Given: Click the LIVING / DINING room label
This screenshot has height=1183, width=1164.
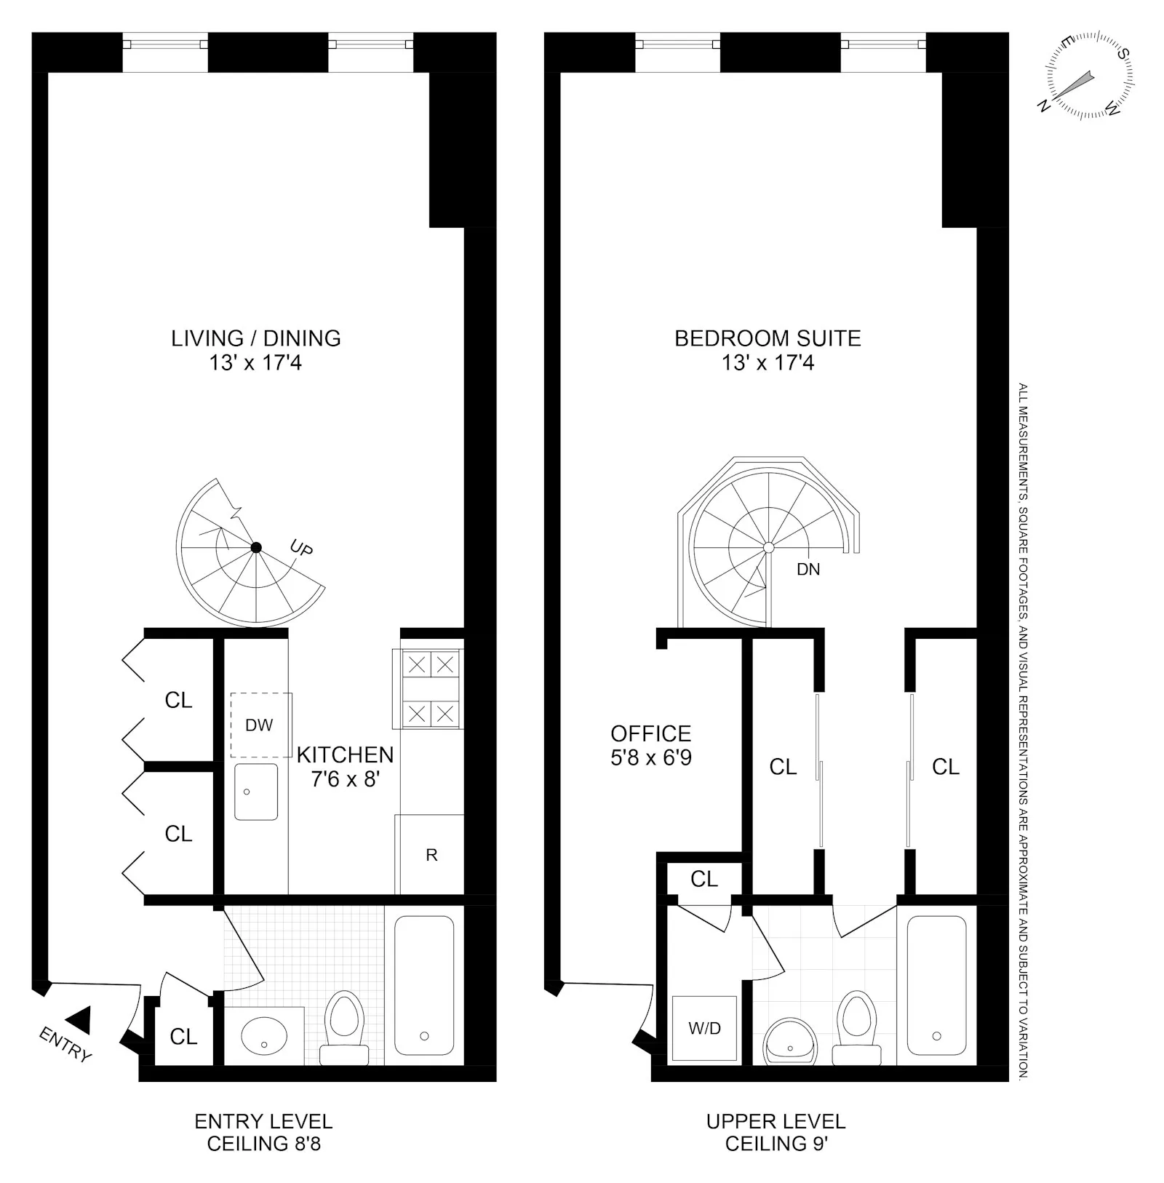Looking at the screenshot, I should click(x=255, y=338).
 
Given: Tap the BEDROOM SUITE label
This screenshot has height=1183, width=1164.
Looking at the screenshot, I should click(x=768, y=338).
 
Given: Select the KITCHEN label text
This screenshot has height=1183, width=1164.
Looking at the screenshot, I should click(x=345, y=754).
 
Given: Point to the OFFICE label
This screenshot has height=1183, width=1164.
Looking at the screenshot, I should click(x=650, y=733).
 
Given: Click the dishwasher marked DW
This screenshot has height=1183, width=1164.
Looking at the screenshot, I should click(x=260, y=725).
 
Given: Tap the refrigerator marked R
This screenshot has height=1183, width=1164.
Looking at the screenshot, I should click(x=431, y=855).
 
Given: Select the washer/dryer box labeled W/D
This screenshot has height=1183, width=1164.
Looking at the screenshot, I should click(x=704, y=1029).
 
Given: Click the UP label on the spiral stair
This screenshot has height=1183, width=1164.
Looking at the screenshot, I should click(x=300, y=548).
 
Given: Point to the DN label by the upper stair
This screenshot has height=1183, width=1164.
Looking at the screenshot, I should click(x=808, y=570).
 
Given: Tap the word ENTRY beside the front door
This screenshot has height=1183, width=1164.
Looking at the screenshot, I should click(x=65, y=1045).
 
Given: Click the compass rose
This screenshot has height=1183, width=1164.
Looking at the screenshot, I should click(x=1089, y=76).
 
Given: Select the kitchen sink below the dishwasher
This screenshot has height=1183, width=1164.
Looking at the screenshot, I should click(x=255, y=792).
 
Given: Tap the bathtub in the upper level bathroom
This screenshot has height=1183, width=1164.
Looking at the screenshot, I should click(x=936, y=985).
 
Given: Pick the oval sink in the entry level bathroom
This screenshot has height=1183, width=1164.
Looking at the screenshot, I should click(x=263, y=1037).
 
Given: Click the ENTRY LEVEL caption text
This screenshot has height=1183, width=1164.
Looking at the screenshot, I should click(x=263, y=1121).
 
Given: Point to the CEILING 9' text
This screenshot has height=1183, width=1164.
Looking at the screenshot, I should click(x=776, y=1144).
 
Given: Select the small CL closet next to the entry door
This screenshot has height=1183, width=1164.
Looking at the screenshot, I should click(x=183, y=1036).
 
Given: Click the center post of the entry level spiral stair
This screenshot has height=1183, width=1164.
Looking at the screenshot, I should click(x=256, y=548).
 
